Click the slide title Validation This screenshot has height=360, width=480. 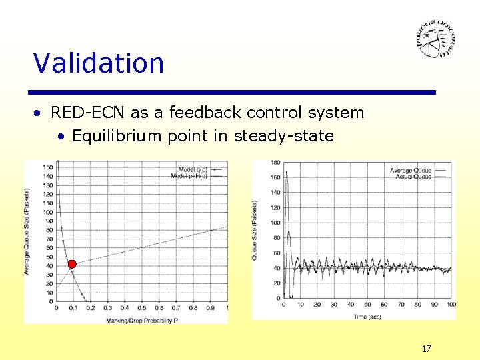(x=99, y=63)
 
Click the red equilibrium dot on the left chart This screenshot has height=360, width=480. (x=72, y=265)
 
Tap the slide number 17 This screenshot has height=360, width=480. (x=426, y=348)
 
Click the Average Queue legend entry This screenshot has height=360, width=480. (x=411, y=171)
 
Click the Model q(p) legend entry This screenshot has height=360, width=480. (x=193, y=169)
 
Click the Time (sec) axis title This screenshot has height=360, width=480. (x=367, y=317)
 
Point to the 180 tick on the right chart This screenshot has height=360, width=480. (x=275, y=163)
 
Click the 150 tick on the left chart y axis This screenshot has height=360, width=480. (x=48, y=167)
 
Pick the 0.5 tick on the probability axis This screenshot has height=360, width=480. (x=141, y=308)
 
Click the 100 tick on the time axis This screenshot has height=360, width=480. (x=451, y=305)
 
